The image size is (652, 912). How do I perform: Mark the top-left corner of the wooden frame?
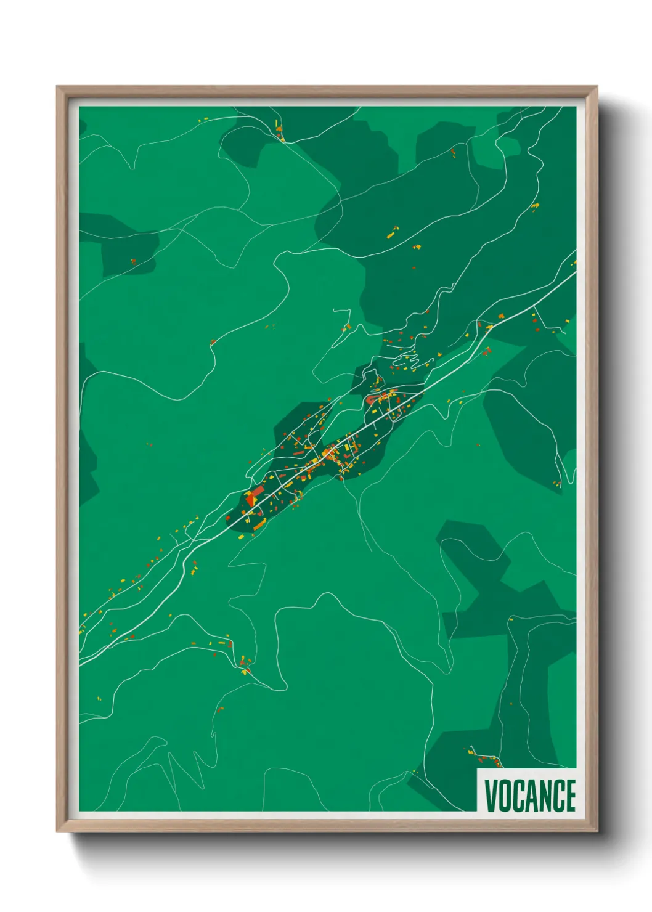pos(58,88)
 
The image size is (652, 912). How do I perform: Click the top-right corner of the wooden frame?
pos(596,88)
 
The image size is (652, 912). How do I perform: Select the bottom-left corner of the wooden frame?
pos(58,831)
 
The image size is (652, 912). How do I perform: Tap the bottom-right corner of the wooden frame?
pos(596,831)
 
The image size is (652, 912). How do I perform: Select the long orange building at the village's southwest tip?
pos(259,524)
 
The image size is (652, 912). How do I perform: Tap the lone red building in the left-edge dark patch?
pos(132,261)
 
